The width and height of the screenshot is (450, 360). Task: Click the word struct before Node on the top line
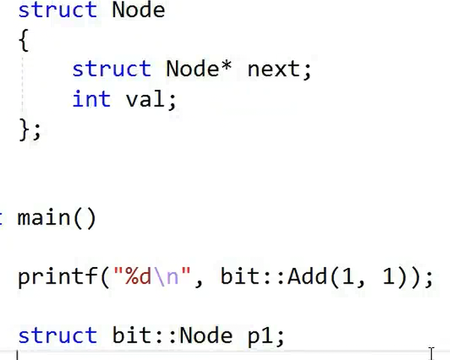[57, 10]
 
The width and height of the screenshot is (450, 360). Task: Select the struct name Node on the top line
[138, 10]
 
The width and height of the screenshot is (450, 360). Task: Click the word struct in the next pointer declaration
[111, 69]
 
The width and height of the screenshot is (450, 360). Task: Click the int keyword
[91, 99]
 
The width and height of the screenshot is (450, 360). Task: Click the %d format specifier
[139, 278]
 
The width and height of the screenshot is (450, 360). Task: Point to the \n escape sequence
[166, 278]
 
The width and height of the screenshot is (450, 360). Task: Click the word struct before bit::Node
[57, 336]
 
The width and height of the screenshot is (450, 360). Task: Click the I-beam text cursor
[431, 353]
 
